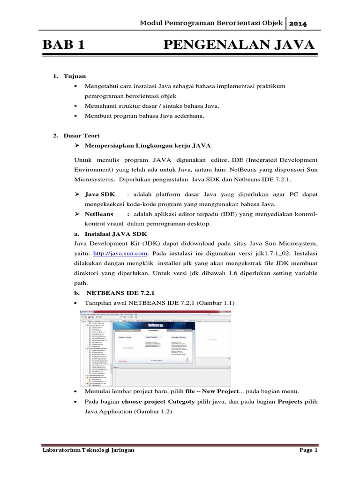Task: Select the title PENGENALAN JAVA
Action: tap(239, 45)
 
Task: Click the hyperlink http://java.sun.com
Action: tap(121, 253)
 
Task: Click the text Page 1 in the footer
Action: tap(308, 450)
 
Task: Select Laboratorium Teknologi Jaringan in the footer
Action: tap(88, 450)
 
